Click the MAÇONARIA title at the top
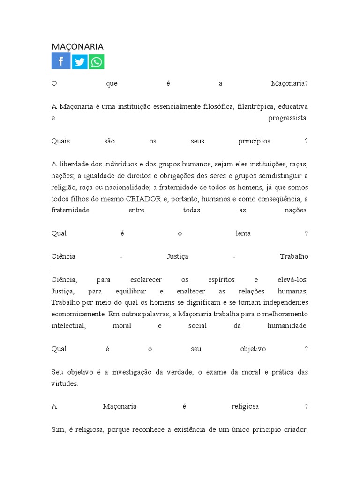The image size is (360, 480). (x=77, y=46)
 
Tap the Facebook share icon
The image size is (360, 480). (x=61, y=61)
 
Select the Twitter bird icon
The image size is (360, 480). (x=80, y=61)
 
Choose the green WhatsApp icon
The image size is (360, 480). (x=97, y=61)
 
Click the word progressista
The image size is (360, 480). (x=288, y=118)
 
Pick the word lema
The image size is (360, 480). (x=243, y=233)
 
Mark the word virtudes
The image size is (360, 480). (x=64, y=383)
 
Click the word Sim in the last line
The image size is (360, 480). (x=57, y=429)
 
